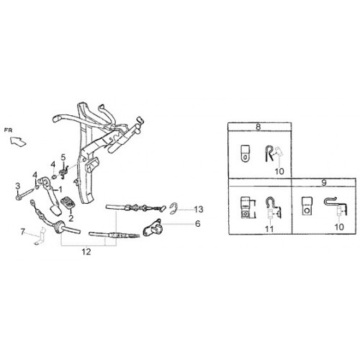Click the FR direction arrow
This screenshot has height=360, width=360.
click(x=18, y=141)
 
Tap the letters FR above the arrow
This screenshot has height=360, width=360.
click(x=8, y=130)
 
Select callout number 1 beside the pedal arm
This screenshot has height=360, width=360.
click(x=60, y=189)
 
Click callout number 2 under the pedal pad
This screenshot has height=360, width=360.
click(x=71, y=218)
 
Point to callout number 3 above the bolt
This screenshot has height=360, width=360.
click(x=17, y=186)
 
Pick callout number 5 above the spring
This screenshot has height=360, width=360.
click(x=63, y=158)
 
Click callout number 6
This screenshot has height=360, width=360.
click(x=197, y=224)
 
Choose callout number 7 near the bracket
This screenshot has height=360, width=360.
click(x=22, y=232)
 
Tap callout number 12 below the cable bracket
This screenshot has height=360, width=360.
click(x=86, y=252)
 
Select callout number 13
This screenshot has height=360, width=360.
click(x=199, y=210)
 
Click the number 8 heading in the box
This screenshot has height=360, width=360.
click(x=258, y=127)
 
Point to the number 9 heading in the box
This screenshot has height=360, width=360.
click(x=324, y=183)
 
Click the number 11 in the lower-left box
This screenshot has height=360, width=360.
click(x=269, y=229)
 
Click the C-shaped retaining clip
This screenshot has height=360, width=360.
click(x=174, y=209)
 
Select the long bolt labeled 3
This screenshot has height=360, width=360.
click(x=25, y=194)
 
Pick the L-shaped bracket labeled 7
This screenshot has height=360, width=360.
click(x=41, y=236)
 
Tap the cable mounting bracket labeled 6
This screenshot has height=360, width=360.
click(x=153, y=228)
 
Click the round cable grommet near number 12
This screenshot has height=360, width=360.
click(x=58, y=228)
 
